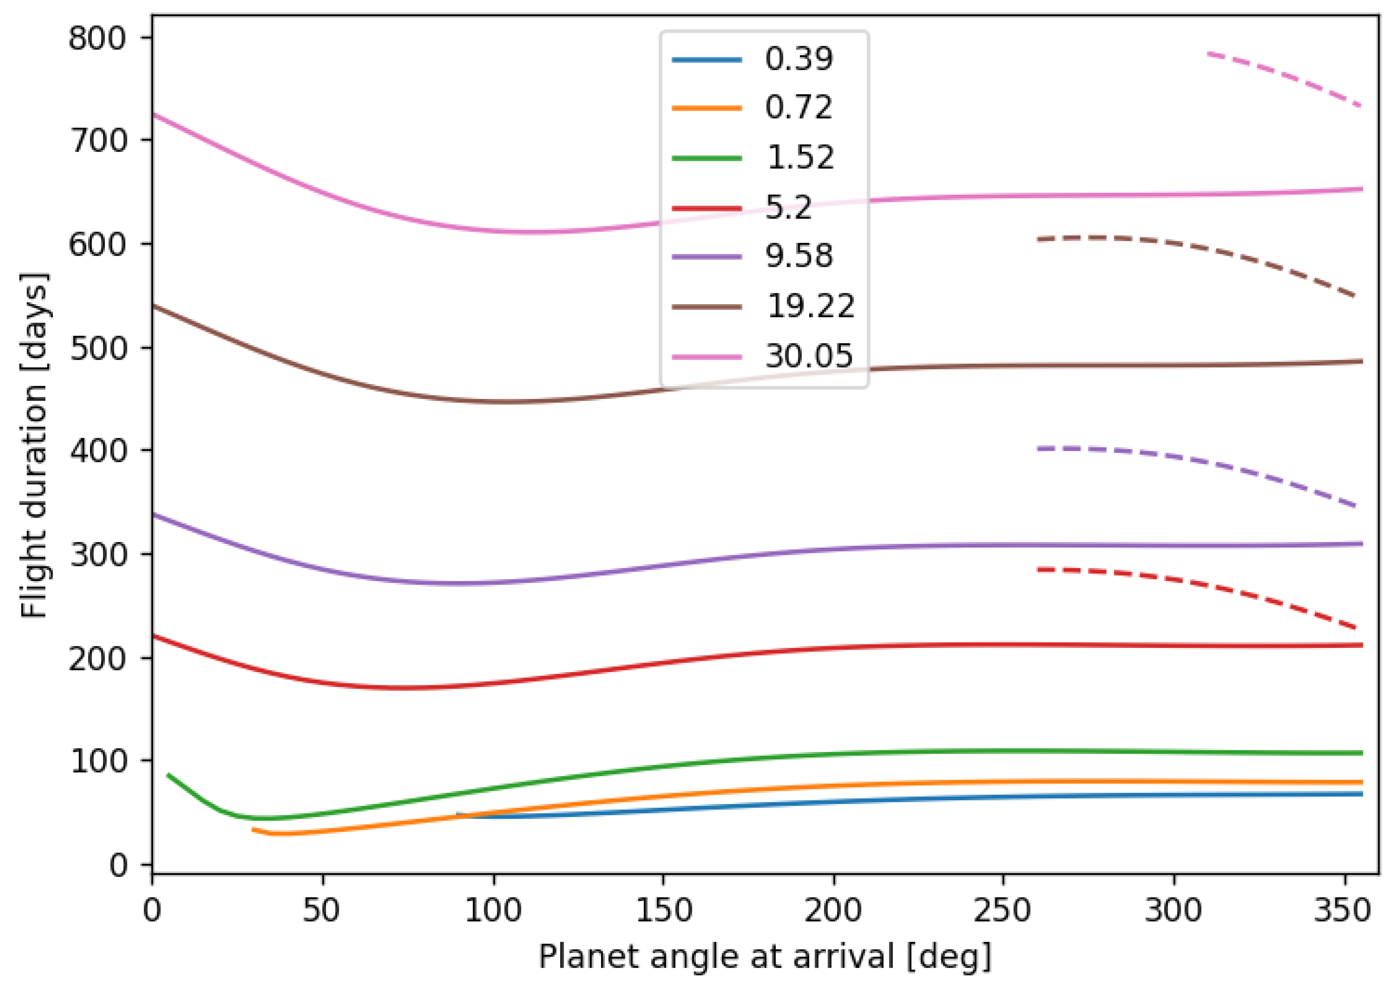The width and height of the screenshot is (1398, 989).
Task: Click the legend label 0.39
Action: [x=798, y=59]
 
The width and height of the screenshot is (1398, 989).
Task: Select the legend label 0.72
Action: [x=798, y=108]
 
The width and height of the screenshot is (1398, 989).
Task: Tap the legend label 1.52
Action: [x=800, y=158]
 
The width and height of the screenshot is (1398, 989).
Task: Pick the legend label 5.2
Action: [x=788, y=208]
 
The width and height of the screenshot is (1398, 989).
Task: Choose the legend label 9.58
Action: [x=798, y=256]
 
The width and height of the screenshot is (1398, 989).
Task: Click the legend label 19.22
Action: [x=810, y=306]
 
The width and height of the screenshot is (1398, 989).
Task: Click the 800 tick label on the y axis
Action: [x=97, y=38]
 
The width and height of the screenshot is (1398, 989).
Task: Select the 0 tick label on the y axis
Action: [x=118, y=865]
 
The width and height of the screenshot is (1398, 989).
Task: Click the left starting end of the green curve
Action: [x=169, y=775]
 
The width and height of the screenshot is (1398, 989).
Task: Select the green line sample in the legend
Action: [x=707, y=158]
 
